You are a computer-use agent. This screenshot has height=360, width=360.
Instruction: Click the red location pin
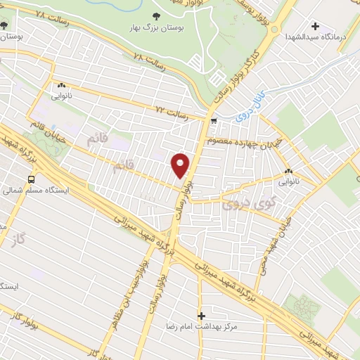click(x=181, y=165)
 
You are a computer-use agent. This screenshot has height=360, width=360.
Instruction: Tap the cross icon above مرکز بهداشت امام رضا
click(x=202, y=316)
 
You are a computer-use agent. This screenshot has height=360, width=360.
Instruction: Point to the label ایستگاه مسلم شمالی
click(x=34, y=191)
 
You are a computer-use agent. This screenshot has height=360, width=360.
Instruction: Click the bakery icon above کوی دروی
click(x=288, y=171)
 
